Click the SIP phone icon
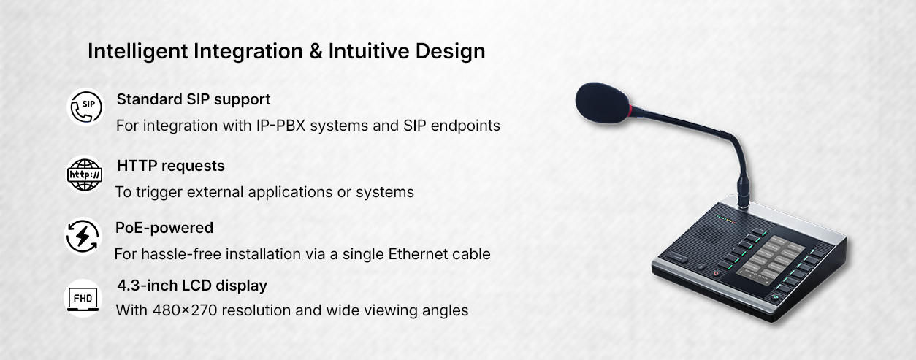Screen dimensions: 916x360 pyautogui.click(x=86, y=107)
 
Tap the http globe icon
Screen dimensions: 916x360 pyautogui.click(x=85, y=175)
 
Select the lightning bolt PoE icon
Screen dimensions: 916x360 pyautogui.click(x=83, y=236)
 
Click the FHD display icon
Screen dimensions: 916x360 pyautogui.click(x=83, y=299)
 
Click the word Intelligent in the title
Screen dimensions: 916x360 pyautogui.click(x=138, y=53)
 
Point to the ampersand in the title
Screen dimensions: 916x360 pyautogui.click(x=316, y=51)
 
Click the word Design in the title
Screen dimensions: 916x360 pyautogui.click(x=450, y=53)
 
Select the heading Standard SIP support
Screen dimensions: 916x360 pyautogui.click(x=194, y=99)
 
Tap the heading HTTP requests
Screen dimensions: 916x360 pyautogui.click(x=170, y=166)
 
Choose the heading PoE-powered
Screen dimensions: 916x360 pyautogui.click(x=164, y=228)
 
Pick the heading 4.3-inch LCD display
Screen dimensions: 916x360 pyautogui.click(x=192, y=286)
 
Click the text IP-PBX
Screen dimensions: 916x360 pyautogui.click(x=281, y=126)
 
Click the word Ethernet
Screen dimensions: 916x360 pyautogui.click(x=413, y=254)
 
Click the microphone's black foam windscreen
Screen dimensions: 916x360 pyautogui.click(x=603, y=102)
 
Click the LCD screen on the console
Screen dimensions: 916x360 pyautogui.click(x=771, y=260)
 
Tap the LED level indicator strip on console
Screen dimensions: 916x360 pyautogui.click(x=726, y=220)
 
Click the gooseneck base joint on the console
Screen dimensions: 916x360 pyautogui.click(x=744, y=191)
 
